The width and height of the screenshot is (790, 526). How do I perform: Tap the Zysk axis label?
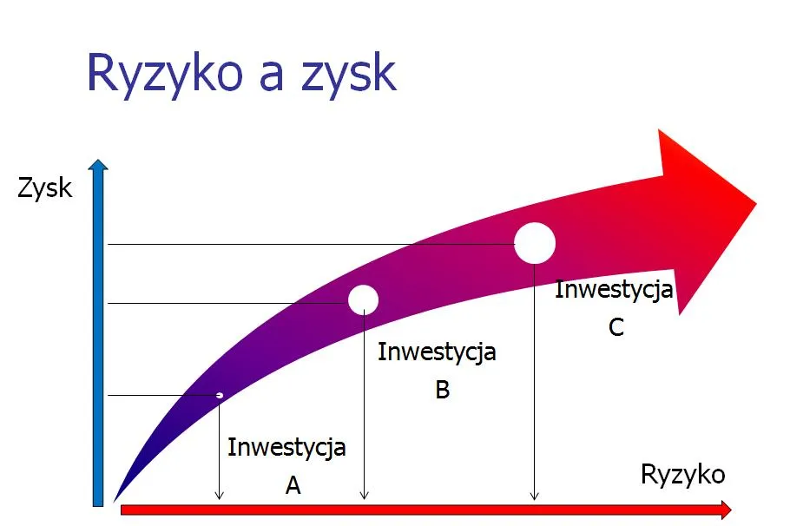click(x=45, y=187)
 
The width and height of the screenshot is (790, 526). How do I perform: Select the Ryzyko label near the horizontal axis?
click(x=682, y=475)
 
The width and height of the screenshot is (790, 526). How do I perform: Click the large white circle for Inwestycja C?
click(x=535, y=243)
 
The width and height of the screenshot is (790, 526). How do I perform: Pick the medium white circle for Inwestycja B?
click(x=363, y=299)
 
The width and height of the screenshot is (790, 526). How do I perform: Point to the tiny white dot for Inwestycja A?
click(x=220, y=396)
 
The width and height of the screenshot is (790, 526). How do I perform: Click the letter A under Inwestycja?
click(x=293, y=486)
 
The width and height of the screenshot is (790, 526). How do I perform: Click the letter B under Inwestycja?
click(x=442, y=390)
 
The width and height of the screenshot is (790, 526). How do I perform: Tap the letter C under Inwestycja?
click(x=616, y=328)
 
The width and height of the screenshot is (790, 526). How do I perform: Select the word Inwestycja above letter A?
click(x=286, y=448)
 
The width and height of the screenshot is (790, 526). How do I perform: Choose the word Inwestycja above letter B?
click(x=437, y=352)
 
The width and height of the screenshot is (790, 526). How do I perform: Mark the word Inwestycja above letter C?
click(x=614, y=289)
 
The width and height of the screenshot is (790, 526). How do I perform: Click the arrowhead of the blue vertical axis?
click(x=99, y=165)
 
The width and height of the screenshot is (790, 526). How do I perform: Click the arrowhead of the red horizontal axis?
click(x=727, y=510)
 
